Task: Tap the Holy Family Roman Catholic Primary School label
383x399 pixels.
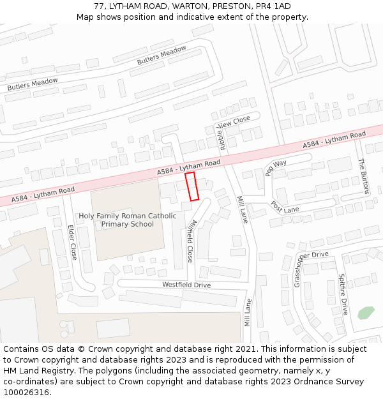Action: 128,220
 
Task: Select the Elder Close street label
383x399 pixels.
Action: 71,242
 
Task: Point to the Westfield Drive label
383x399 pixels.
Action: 186,285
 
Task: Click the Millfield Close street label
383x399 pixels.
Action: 190,241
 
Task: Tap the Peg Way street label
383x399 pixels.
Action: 276,167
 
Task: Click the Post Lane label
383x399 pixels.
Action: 285,207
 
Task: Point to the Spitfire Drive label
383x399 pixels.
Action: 343,294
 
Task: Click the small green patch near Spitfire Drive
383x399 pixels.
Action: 366,313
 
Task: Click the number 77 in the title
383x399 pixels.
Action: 99,6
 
